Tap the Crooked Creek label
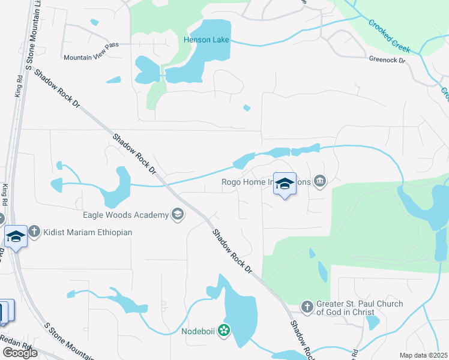(390, 33)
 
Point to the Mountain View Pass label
(91, 58)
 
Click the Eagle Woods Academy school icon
(177, 214)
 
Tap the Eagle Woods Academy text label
(125, 214)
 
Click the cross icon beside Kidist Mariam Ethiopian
(35, 232)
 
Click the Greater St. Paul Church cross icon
(307, 308)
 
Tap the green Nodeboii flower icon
(224, 330)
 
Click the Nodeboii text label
(198, 331)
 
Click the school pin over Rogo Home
(285, 184)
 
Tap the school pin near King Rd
(16, 236)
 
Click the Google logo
(20, 353)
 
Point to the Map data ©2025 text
(423, 355)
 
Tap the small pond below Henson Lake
(247, 108)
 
